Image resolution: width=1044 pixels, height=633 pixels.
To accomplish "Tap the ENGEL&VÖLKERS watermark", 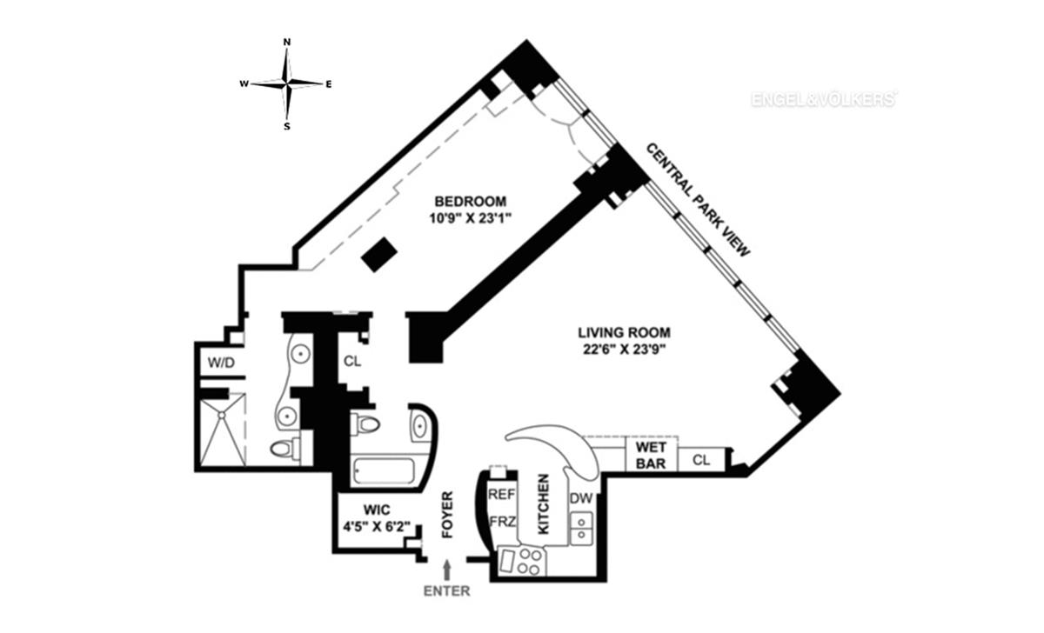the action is click(823, 100).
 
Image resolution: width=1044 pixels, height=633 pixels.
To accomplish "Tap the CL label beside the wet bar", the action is click(701, 460).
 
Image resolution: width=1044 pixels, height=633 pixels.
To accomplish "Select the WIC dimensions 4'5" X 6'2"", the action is click(377, 526).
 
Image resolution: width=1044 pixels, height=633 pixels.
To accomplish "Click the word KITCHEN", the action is click(543, 504).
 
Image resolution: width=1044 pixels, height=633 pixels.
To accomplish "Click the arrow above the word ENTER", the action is click(448, 570).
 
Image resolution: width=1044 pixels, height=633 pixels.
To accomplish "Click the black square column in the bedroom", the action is click(379, 255).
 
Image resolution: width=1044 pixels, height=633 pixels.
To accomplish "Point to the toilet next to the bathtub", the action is click(366, 424).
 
